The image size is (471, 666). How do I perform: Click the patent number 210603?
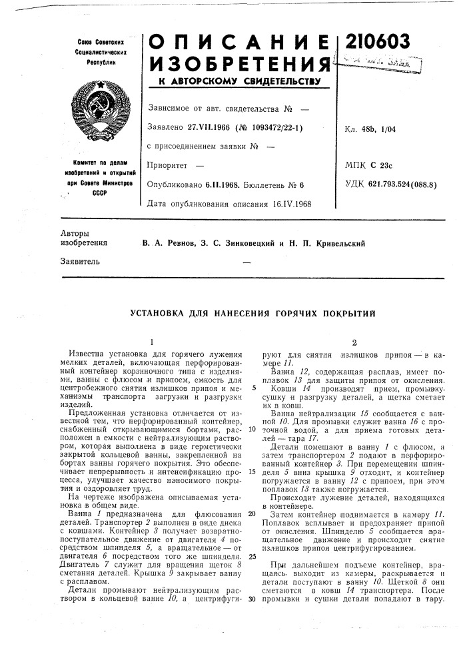click(x=376, y=42)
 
